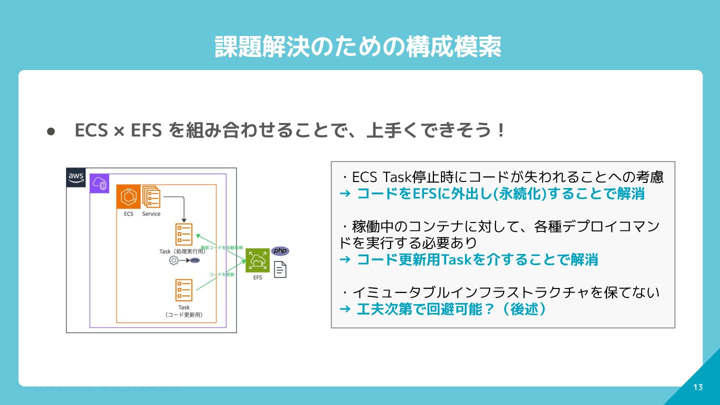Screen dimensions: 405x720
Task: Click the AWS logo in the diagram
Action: (76, 177)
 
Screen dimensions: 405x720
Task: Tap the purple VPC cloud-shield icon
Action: (99, 183)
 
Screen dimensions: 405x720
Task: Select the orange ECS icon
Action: (128, 196)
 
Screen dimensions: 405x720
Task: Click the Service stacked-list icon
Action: (151, 196)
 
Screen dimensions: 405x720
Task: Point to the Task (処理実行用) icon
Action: (184, 234)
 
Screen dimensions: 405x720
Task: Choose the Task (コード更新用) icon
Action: (184, 290)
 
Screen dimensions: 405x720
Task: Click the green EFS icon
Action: (257, 260)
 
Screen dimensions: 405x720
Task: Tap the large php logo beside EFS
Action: (280, 250)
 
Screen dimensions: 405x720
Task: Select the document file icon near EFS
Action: (280, 269)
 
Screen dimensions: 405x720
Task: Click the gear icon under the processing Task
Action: (173, 260)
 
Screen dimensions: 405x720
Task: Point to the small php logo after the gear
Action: (195, 260)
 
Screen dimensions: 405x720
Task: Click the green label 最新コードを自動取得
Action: (221, 247)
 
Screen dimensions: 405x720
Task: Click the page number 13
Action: (698, 387)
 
